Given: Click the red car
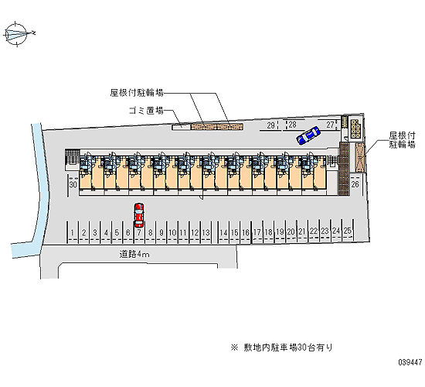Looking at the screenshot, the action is pos(139,215).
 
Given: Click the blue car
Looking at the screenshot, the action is pos(308,135).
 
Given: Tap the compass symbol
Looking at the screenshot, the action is pos(18,34).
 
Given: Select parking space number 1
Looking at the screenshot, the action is pos(73,232).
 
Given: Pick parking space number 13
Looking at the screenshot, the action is pos(206,232).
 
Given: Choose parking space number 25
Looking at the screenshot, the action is pos(348,231).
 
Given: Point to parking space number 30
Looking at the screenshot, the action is pos(73,185).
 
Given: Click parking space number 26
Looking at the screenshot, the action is pos(355,184).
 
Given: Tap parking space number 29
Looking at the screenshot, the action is pos(270,125).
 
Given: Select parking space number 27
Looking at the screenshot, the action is pos(330,125).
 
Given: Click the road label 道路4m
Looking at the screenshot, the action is pos(134,254).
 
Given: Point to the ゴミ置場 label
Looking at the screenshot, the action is pos(146,111).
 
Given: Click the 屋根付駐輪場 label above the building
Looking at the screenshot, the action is pos(137,93).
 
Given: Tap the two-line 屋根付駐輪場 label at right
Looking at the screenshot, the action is pos(403,140).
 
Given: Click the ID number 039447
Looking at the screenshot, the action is pos(410,362).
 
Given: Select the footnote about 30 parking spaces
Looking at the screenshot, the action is pos(281,348).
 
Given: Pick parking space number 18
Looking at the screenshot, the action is pos(269,232).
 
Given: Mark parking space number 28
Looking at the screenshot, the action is pos(292,125).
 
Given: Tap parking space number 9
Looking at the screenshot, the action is pos(161,232).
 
